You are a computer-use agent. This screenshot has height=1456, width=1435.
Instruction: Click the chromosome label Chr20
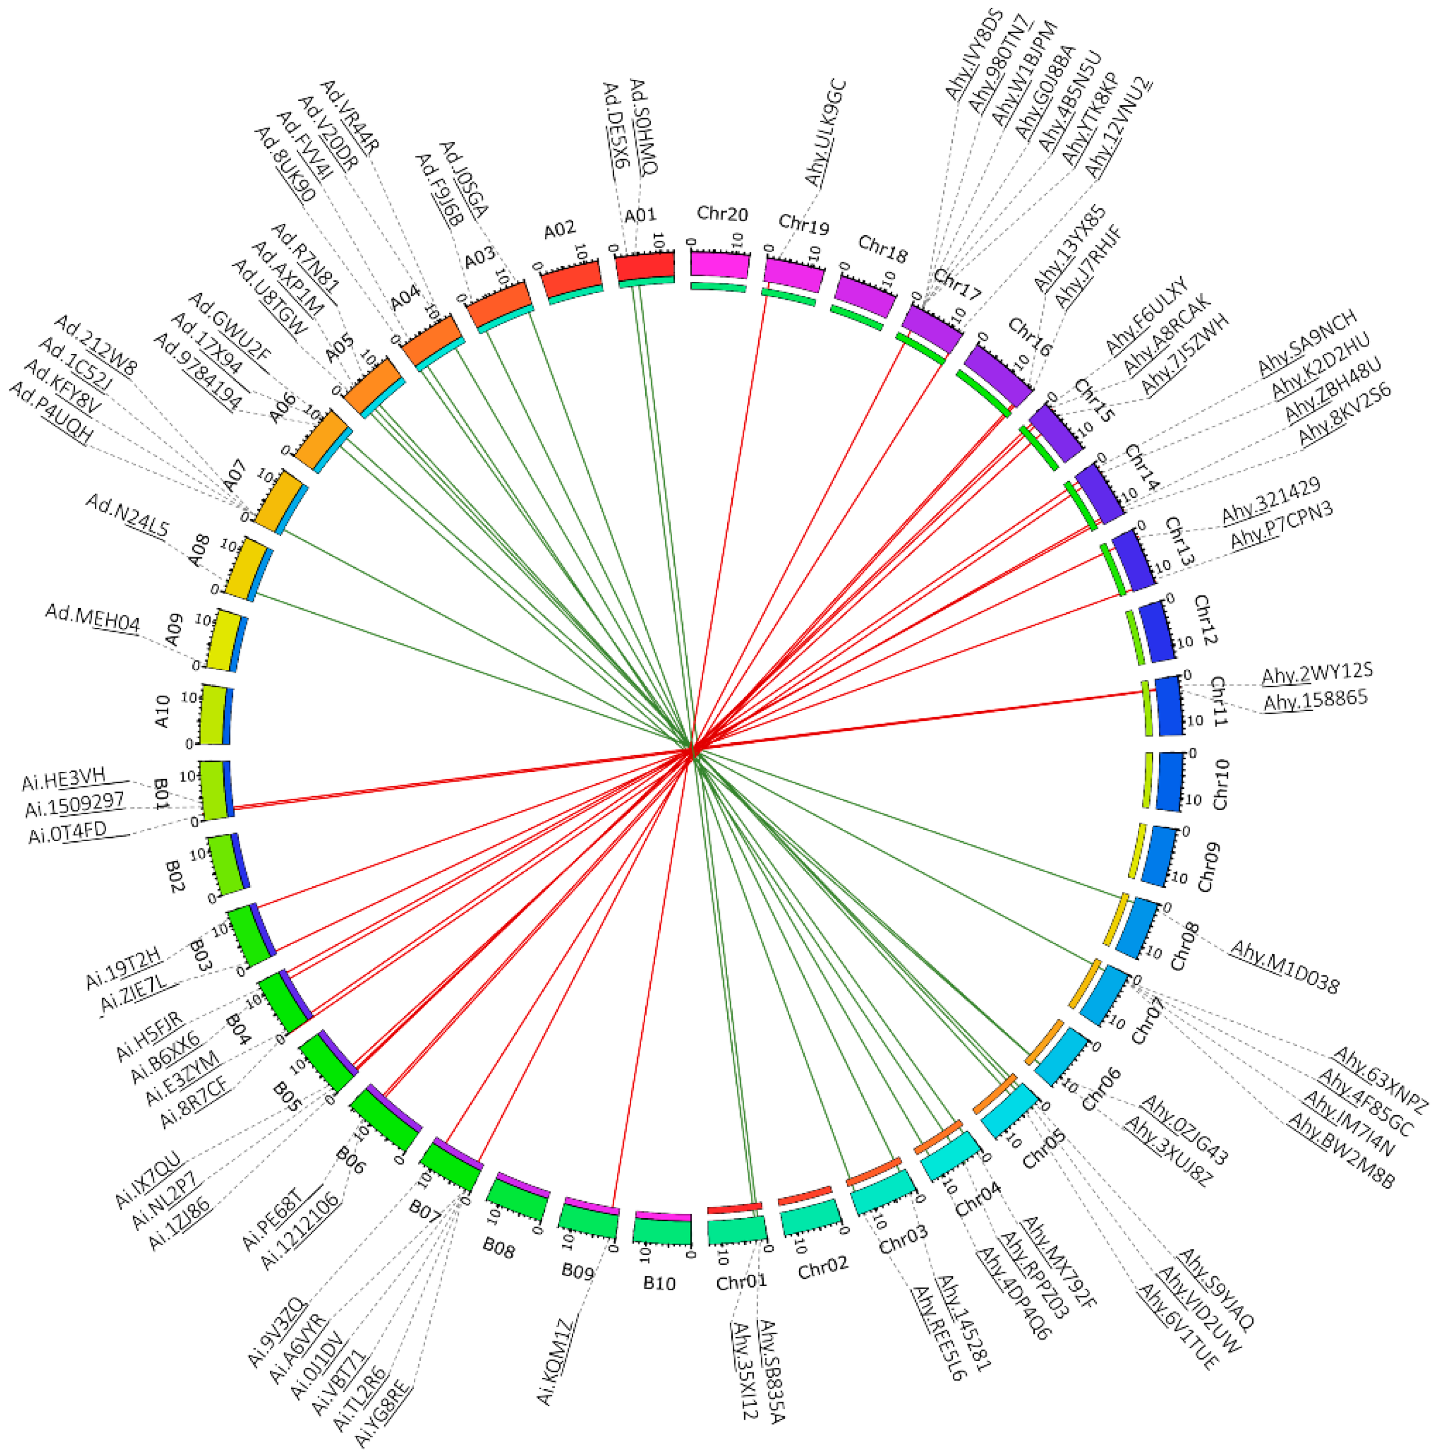(x=722, y=214)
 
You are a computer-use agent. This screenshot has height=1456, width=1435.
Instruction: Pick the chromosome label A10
(x=162, y=711)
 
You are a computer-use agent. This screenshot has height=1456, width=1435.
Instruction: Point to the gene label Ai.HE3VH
(x=64, y=779)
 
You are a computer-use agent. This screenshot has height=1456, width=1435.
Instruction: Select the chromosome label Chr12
(x=1205, y=620)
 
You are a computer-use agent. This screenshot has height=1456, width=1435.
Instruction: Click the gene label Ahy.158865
(x=1314, y=700)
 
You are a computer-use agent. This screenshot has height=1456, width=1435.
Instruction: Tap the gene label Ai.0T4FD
(x=68, y=833)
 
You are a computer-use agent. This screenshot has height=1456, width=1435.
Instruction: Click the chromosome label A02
(x=560, y=229)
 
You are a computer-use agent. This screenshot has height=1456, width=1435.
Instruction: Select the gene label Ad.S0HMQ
(x=643, y=126)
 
